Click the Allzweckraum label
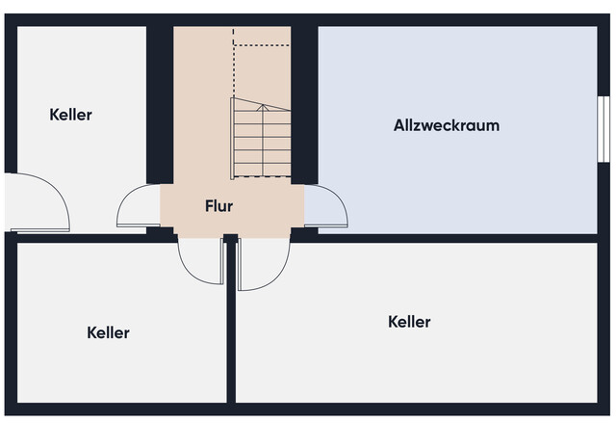click(447, 125)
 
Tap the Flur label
click(218, 206)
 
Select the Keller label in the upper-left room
click(70, 115)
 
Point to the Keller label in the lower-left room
click(108, 333)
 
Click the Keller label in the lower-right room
click(409, 322)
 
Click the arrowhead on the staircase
click(263, 107)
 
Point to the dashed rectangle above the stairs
click(262, 37)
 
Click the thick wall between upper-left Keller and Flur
click(160, 105)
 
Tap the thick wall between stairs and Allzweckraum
click(304, 105)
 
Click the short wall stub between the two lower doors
click(231, 238)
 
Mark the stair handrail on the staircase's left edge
click(232, 139)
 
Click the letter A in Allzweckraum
click(399, 125)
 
